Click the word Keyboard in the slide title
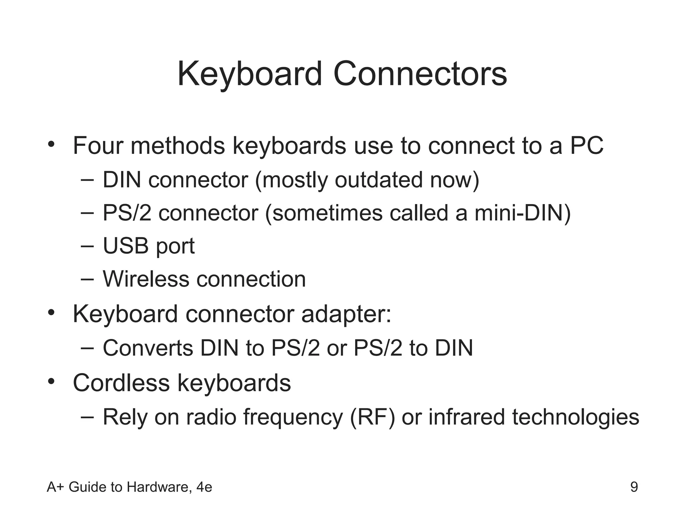tap(250, 74)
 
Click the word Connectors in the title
tap(420, 74)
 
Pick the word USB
tap(125, 246)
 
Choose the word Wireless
tap(146, 279)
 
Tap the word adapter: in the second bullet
tap(346, 315)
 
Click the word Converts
tap(148, 348)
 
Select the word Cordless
tap(121, 383)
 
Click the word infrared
tap(466, 417)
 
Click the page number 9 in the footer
tap(634, 487)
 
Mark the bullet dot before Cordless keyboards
tap(51, 381)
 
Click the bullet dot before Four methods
tap(51, 145)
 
